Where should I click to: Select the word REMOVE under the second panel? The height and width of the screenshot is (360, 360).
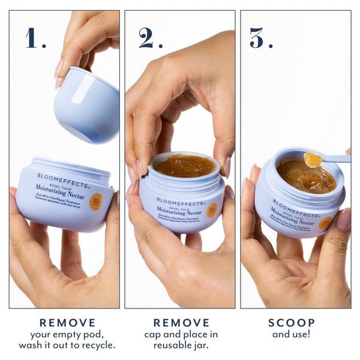181,323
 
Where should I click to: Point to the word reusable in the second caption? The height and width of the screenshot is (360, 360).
168,345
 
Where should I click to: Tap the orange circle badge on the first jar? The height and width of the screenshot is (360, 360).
96,202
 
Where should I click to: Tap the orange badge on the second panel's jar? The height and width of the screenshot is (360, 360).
212,211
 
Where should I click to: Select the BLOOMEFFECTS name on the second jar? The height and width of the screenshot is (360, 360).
175,200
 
